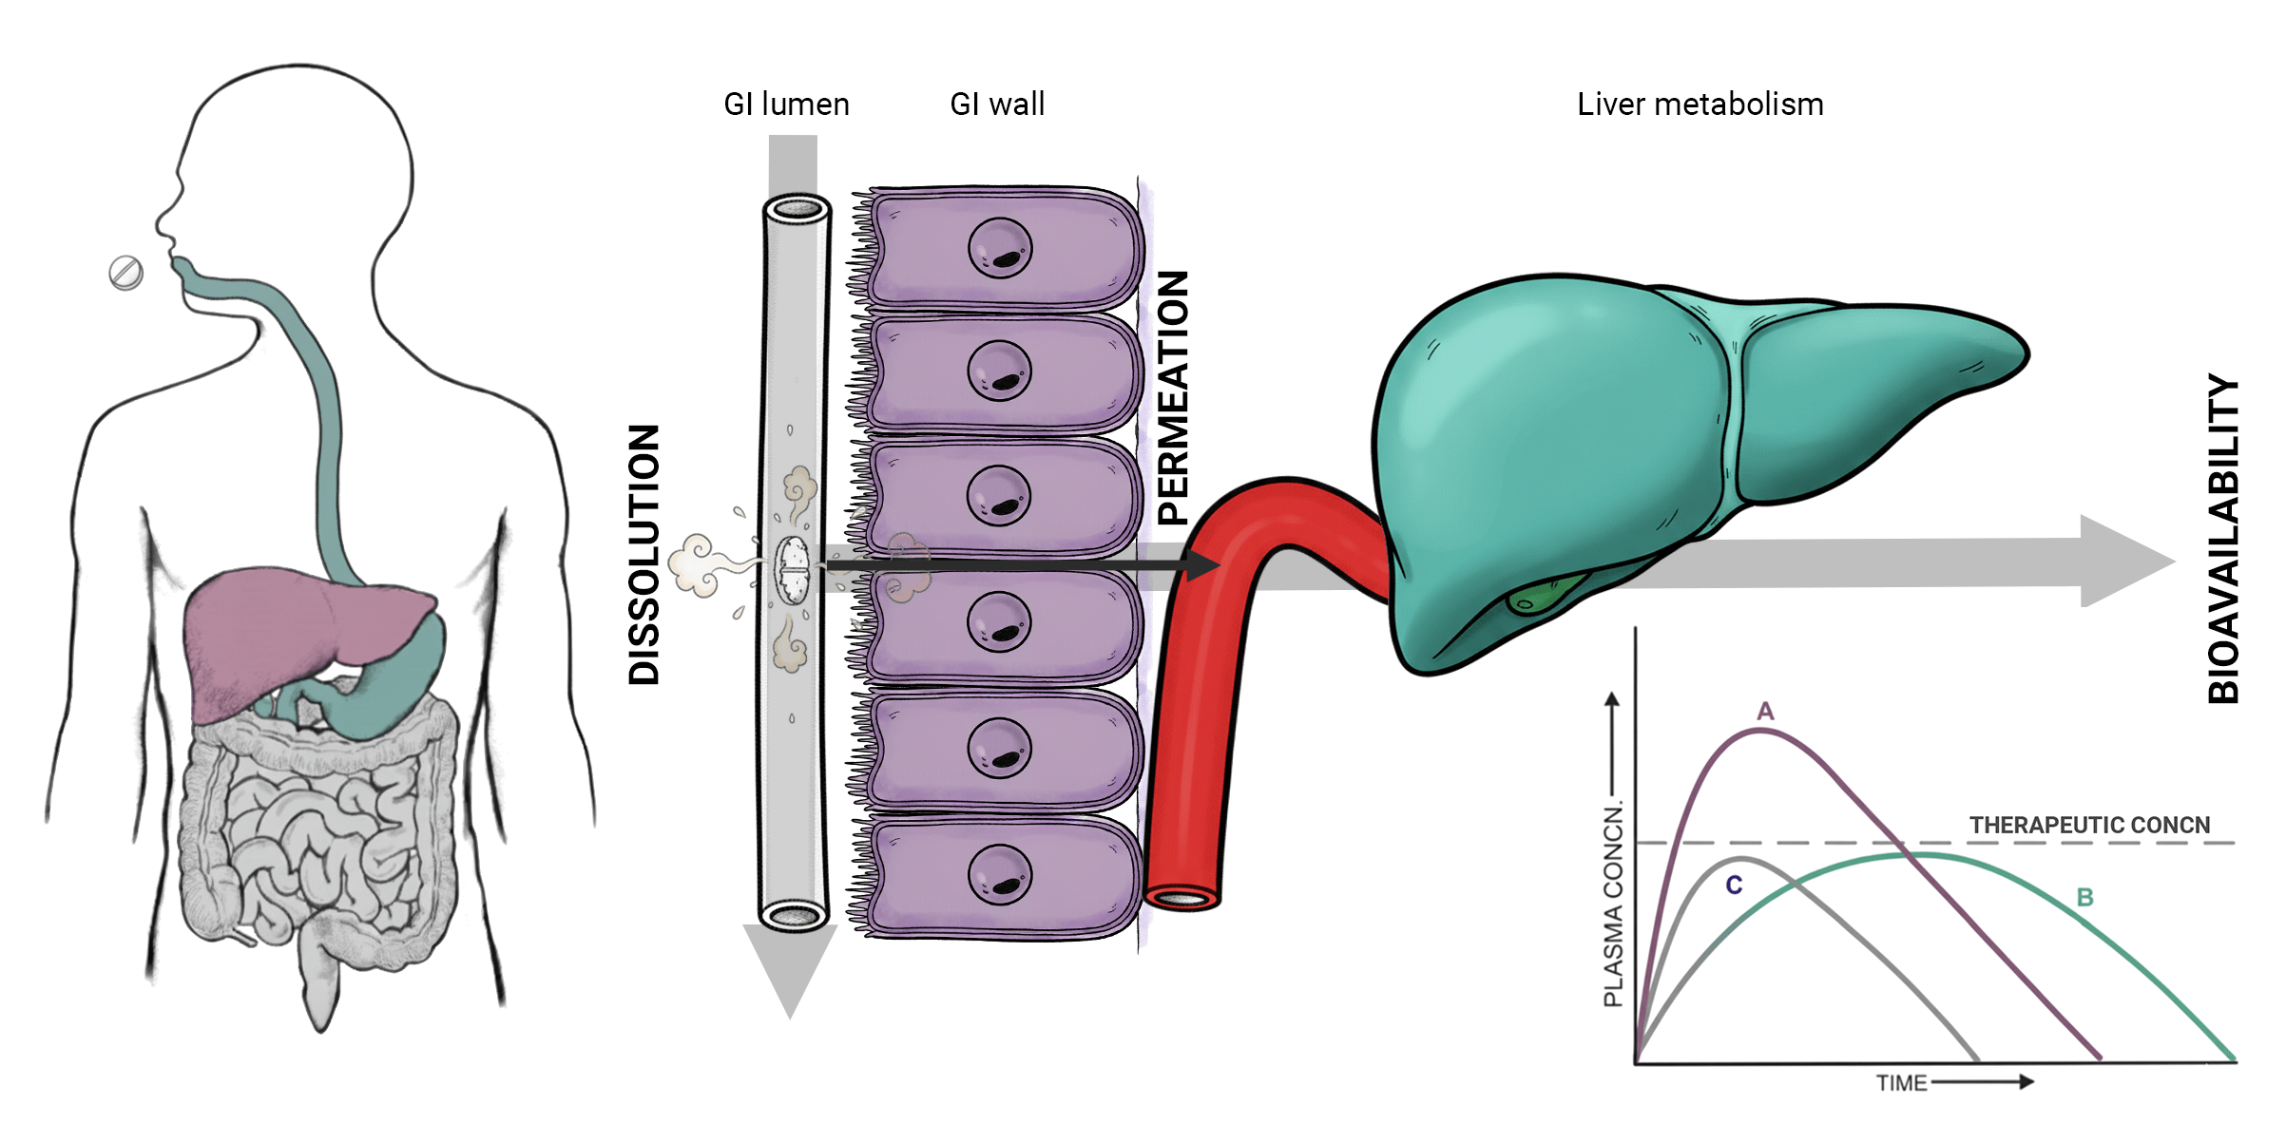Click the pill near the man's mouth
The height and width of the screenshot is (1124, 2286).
point(125,273)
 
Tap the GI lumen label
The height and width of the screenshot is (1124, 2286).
point(786,104)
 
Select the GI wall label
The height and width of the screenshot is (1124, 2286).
point(997,104)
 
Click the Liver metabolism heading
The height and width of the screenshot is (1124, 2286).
point(1700,104)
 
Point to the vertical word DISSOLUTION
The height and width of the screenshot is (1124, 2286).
point(644,555)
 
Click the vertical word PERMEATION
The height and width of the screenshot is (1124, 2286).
point(1173,398)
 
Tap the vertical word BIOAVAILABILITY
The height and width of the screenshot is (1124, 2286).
point(2222,538)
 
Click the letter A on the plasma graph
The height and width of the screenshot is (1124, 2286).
point(1765,711)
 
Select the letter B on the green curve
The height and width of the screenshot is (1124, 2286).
point(2084,897)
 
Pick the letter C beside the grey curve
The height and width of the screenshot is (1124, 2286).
point(1734,885)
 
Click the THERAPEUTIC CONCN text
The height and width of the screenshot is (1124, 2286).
point(2089,825)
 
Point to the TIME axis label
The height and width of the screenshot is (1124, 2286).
point(1901,1083)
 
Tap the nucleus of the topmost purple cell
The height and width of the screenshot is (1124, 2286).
point(999,249)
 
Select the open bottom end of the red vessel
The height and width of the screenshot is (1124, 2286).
point(1181,899)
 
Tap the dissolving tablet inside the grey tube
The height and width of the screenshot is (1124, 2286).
point(792,570)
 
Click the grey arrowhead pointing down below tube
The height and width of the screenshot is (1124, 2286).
point(790,969)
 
